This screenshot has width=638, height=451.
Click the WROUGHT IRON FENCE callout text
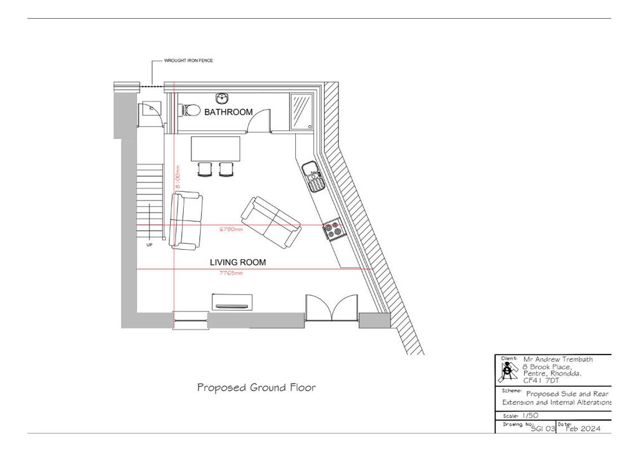[188, 61]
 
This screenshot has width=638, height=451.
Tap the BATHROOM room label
[229, 113]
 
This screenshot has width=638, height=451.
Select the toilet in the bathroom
[190, 111]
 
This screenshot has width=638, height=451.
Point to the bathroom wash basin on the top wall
[222, 98]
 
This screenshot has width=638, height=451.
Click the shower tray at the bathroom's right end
[302, 111]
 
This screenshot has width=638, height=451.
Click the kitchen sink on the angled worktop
[312, 176]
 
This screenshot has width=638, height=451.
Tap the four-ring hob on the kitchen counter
[332, 229]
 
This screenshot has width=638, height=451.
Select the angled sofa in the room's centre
[272, 222]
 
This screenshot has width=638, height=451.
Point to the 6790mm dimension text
[231, 229]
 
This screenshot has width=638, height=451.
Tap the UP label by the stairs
[150, 245]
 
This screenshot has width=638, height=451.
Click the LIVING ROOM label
[237, 263]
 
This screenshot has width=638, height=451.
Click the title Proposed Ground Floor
[256, 387]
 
